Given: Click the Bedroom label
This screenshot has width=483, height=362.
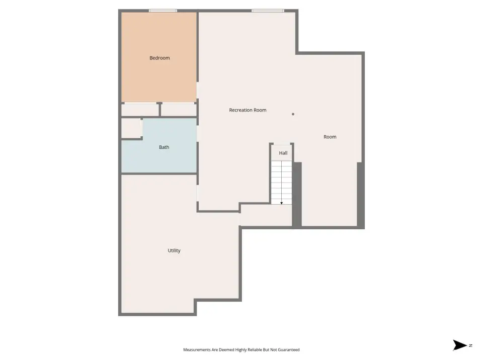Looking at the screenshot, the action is click(159, 58).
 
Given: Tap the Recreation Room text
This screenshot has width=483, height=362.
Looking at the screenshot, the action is click(248, 110).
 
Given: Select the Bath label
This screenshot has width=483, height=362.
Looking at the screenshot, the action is click(164, 147).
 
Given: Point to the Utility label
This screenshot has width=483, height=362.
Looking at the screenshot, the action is click(174, 250).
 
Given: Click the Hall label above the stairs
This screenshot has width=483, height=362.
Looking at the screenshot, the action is click(283, 153).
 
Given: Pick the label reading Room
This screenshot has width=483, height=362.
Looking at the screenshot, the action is click(330, 137).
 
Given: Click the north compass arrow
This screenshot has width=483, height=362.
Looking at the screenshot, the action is click(460, 345).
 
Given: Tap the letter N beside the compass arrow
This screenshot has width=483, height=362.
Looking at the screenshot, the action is click(471, 345).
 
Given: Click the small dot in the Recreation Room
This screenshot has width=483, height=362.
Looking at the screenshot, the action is click(293, 114).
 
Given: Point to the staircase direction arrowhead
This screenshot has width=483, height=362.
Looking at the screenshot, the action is click(282, 203).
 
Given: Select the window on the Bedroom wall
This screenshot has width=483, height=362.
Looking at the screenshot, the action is click(163, 11).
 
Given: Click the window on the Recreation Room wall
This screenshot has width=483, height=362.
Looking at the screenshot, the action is click(268, 11).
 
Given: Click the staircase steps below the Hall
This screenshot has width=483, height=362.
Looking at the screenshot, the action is click(281, 183).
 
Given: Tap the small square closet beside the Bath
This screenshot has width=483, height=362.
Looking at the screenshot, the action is click(131, 128).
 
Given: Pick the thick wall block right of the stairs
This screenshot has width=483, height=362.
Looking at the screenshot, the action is click(297, 195).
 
